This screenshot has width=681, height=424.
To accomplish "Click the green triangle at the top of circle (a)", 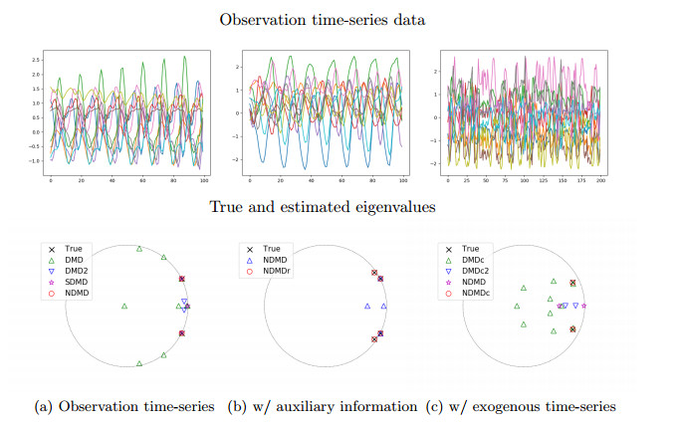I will [x=139, y=249].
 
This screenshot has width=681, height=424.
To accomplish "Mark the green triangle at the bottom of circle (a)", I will [x=139, y=363].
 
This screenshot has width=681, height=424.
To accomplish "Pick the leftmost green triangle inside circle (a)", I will [x=124, y=307].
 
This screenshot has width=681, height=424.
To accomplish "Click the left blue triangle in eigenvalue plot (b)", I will [x=367, y=307].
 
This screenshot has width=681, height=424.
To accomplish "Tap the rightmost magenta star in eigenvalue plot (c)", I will [x=584, y=306].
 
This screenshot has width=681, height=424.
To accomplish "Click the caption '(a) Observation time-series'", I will [x=123, y=406].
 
